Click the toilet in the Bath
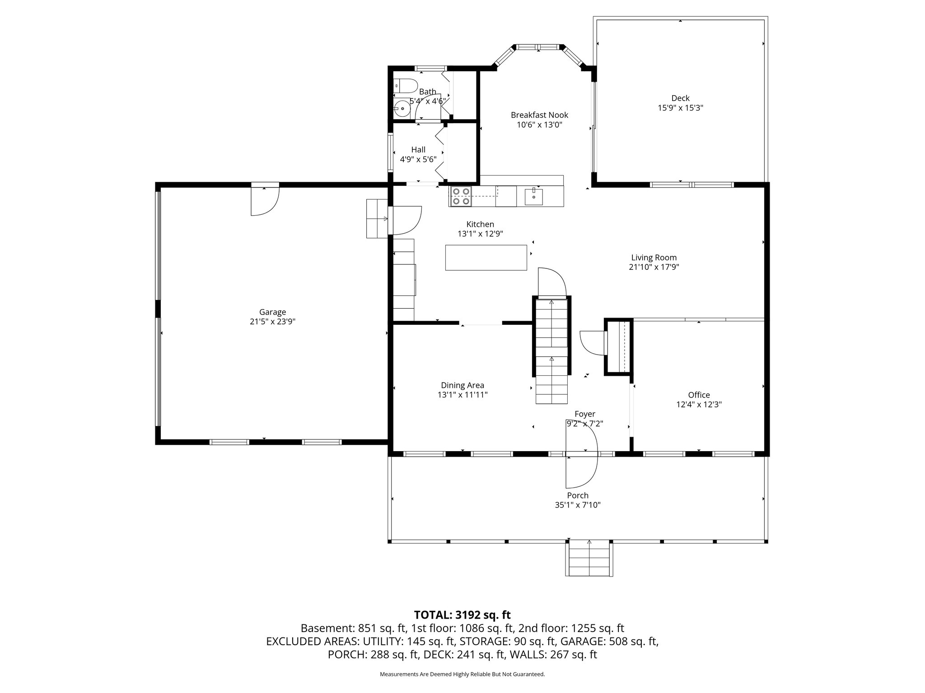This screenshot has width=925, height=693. pos(405,85)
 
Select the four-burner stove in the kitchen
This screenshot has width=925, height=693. pos(460,196)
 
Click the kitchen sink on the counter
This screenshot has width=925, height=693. pos(534,197)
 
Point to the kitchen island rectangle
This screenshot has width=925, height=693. pos(486,257)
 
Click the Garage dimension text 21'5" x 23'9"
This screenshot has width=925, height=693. pos(272,322)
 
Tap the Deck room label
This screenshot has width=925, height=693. pos(680,98)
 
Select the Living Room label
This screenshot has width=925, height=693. pos(654,258)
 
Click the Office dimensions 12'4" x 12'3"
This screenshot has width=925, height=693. pos(699,405)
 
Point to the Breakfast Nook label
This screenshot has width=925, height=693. pos(539,115)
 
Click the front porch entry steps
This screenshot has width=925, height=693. pos(589,559)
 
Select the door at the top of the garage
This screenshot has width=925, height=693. pos(265,201)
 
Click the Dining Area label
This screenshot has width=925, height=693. pos(462,385)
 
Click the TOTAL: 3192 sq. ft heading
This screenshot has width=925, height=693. pos(462,614)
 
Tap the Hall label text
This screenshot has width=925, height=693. pos(418,150)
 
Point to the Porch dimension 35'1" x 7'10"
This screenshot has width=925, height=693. pos(577,505)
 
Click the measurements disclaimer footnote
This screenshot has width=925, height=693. pos(462,674)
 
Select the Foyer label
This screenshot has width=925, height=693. pos(584,414)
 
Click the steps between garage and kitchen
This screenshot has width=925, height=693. pos(377,218)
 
